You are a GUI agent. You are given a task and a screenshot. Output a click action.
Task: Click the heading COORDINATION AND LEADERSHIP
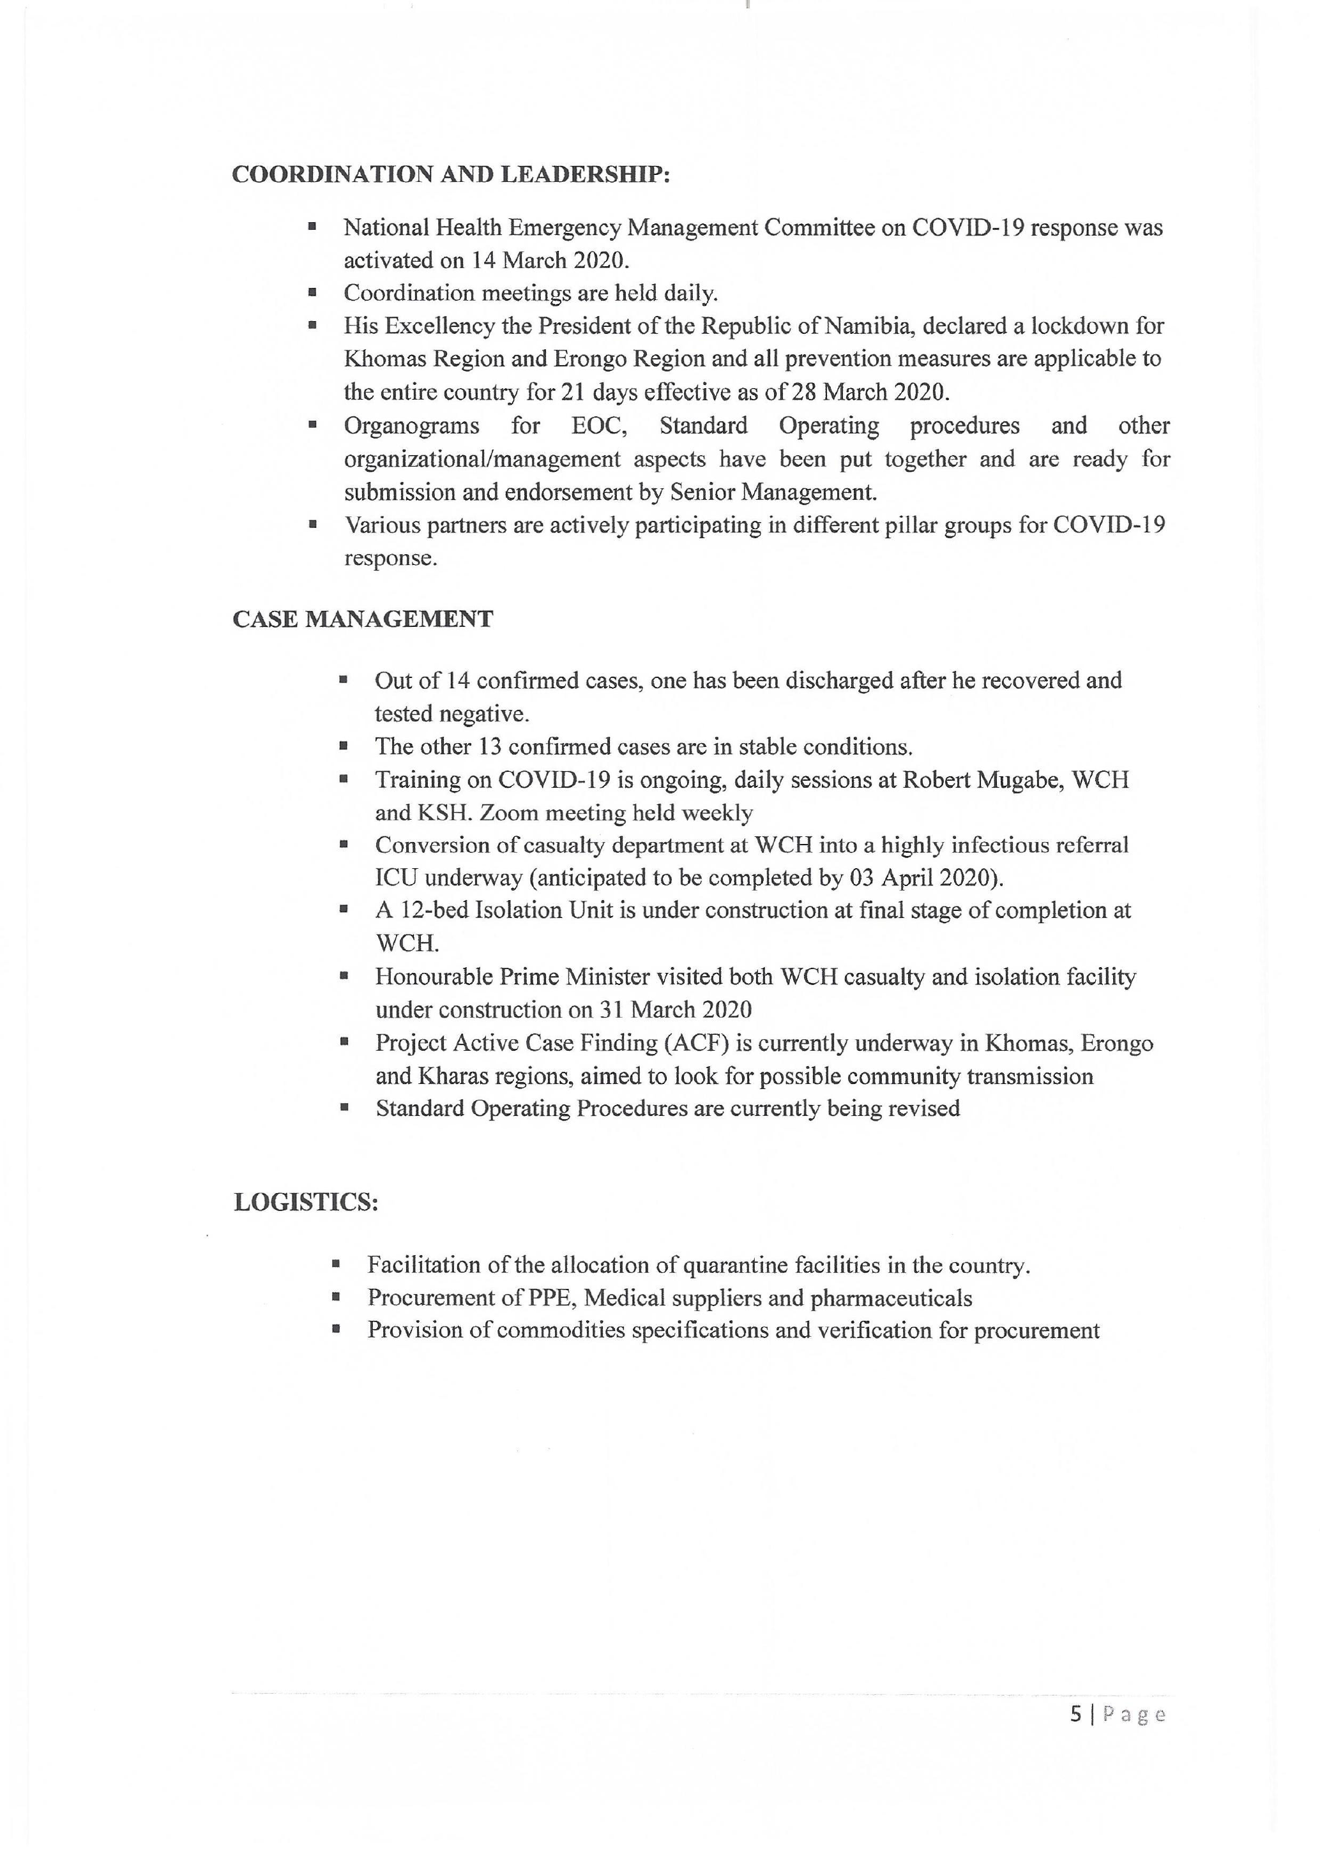coord(450,175)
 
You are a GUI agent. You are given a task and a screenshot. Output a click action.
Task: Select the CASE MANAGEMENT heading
coord(363,619)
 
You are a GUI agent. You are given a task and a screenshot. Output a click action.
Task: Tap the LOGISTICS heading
coord(306,1202)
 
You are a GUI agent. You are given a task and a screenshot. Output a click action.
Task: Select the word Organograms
coord(411,426)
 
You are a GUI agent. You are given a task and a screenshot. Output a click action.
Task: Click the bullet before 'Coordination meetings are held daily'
coord(312,292)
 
